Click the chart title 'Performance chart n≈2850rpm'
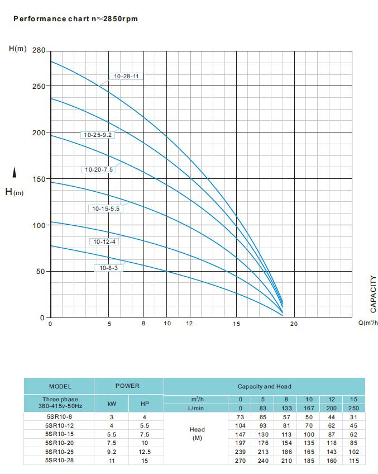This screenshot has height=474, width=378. pos(75,18)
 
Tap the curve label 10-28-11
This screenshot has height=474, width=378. pos(126,75)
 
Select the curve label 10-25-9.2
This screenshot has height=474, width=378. pos(97,135)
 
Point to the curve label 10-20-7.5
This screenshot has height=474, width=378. pos(99,169)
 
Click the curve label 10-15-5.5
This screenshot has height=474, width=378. pos(106,208)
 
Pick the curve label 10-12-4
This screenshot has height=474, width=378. pos(104,241)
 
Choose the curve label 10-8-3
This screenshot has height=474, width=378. pos(108,268)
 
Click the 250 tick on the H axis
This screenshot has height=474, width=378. pos(39,87)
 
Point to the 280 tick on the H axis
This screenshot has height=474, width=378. pos(39,50)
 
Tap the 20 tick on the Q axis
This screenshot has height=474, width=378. pos(294,324)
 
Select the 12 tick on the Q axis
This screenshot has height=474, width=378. pos(189,324)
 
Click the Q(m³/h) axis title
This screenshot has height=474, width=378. pos(367,323)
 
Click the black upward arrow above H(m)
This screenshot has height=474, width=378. pos(15,174)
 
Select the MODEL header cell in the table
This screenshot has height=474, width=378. pos(60,386)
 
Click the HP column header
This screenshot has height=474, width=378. pos(145,404)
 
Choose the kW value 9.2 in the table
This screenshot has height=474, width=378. pos(112,452)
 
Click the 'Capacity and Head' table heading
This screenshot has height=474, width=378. pos(264,386)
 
